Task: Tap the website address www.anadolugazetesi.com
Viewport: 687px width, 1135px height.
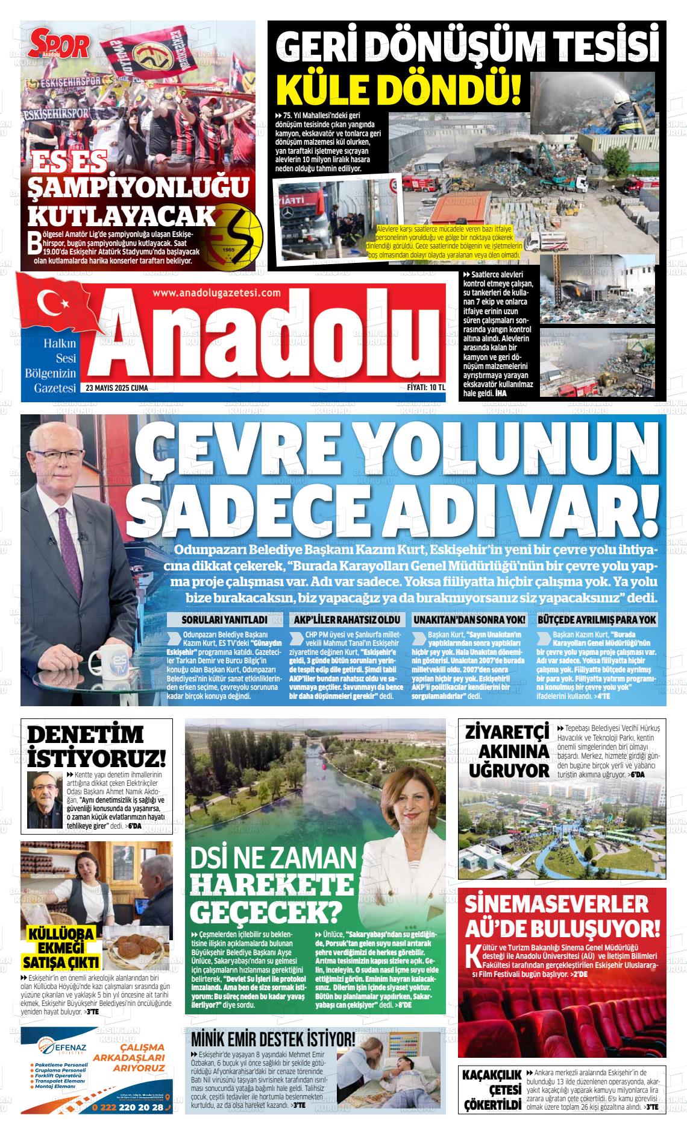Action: [217, 292]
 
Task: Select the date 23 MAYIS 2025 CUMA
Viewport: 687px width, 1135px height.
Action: [117, 388]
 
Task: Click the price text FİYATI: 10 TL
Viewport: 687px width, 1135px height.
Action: [425, 388]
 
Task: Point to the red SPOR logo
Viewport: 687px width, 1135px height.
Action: [60, 46]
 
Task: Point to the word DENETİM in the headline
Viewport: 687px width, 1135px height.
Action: [86, 735]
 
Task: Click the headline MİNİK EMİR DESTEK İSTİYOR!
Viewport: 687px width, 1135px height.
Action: [273, 1040]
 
